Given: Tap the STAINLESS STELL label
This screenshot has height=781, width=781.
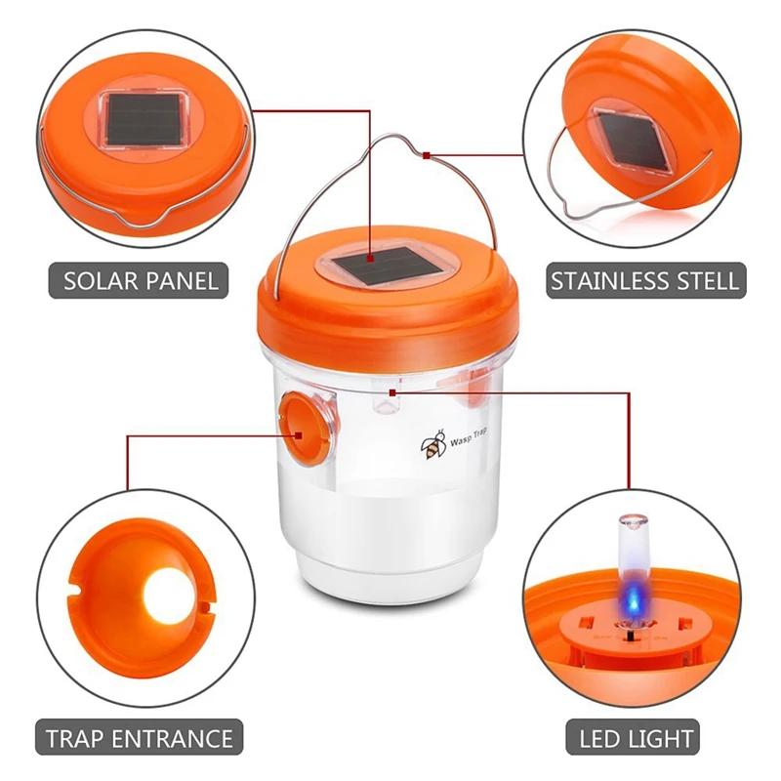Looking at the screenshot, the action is pos(646,281).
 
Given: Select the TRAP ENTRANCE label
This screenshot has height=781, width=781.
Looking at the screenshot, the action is pos(139,737).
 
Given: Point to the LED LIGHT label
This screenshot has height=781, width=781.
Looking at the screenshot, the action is pos(633,737).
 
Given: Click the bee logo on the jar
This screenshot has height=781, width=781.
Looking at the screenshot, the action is pos(433,444).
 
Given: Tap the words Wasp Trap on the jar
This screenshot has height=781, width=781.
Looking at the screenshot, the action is pos(469,437).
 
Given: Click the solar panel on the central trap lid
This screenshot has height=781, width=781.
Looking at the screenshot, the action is pos(387,267).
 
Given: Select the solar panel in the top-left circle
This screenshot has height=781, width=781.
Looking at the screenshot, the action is pos(144,118).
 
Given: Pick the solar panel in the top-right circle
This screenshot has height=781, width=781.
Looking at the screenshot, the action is pos(634,141).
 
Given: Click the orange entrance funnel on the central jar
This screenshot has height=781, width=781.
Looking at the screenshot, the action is pos(304,429).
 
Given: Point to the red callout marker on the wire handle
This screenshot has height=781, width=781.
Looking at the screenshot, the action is pos(426,156).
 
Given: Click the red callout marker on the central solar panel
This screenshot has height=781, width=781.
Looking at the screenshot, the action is pos(370,259).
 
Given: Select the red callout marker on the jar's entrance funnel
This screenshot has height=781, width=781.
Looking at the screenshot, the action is pos(299,435).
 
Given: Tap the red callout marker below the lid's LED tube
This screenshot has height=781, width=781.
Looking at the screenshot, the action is pos(392,393).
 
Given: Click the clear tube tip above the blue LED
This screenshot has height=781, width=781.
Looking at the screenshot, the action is pos(634,521).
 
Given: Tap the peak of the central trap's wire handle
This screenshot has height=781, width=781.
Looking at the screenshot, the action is pos(393,136).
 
